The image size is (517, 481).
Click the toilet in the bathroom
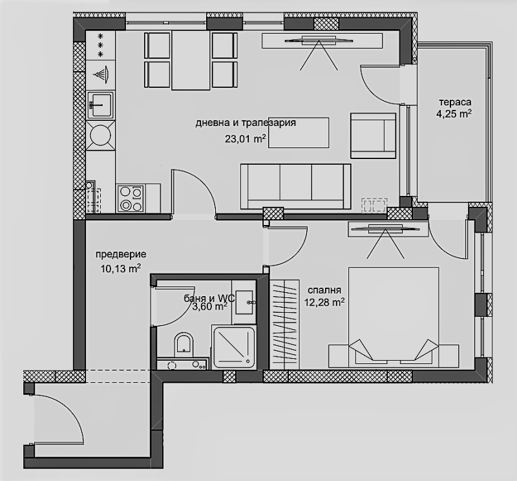coord(184,344)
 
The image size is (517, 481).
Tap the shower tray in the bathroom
coord(234,348)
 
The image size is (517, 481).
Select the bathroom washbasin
coord(245,302)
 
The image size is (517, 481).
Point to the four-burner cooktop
coord(131,198)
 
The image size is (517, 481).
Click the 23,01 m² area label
coord(246,139)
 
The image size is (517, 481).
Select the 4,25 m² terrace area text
coord(454,114)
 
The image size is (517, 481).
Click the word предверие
coord(121,255)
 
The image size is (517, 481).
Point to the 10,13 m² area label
coord(121,268)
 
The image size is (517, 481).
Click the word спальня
coord(324,290)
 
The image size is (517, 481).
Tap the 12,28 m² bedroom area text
coord(324,302)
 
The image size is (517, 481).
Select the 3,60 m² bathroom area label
coord(209,307)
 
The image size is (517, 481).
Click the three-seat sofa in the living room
coord(296,186)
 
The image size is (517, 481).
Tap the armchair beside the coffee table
coord(373,136)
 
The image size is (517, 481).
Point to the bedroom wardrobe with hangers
coord(284,325)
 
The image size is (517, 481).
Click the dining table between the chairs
coord(191,60)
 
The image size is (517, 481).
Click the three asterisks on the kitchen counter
coord(101,45)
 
